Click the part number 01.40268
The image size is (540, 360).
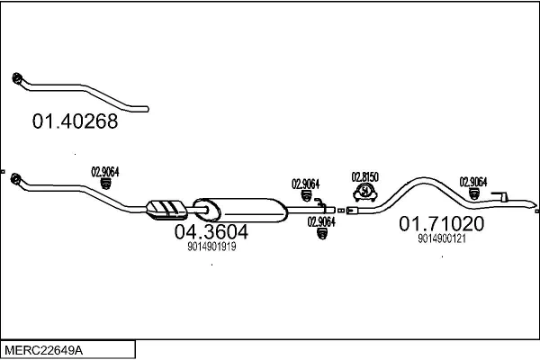point(76,121)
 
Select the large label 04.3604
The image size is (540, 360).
point(211,232)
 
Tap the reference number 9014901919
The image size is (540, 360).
point(211,247)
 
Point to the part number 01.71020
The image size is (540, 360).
point(442,223)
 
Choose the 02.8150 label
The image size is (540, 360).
point(364,176)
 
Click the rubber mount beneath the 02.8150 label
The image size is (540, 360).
point(364,192)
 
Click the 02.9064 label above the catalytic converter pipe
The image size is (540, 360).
point(105,171)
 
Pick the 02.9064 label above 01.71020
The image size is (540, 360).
point(473,180)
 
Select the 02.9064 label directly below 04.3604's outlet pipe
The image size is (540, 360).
point(321,221)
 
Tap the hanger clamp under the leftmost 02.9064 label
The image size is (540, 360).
point(105,184)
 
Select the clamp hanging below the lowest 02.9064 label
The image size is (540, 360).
point(321,236)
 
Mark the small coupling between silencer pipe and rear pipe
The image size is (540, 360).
point(341,210)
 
